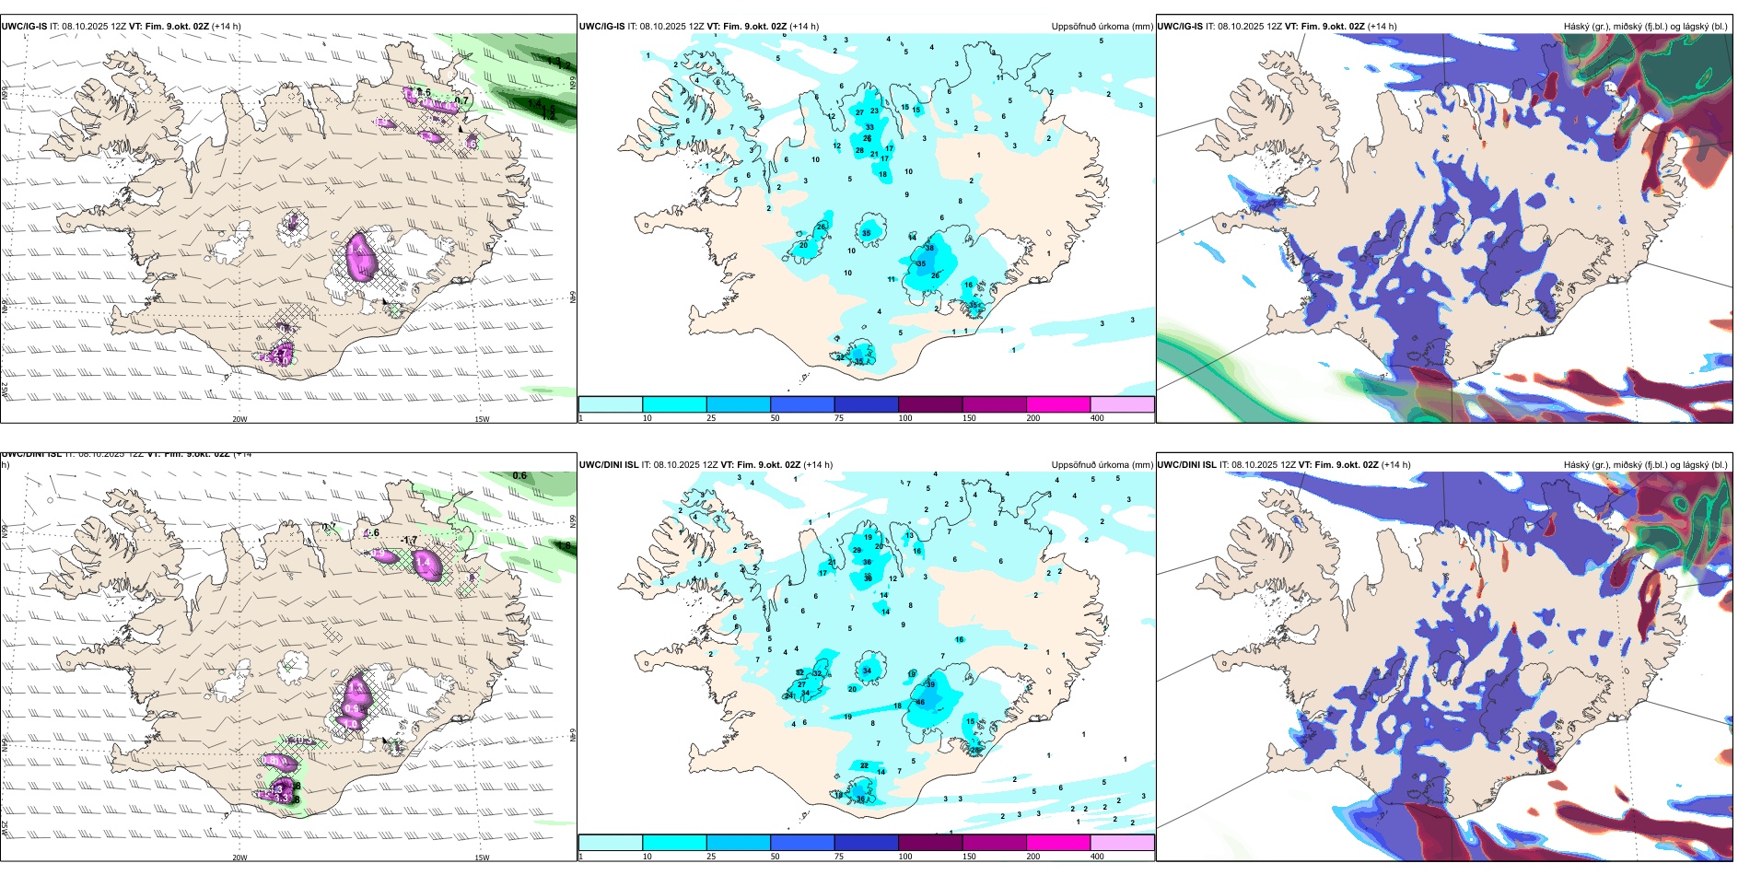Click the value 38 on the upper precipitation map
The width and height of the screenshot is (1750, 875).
pos(929,248)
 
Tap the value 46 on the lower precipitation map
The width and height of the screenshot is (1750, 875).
pos(920,702)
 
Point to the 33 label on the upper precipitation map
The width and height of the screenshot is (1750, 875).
pos(869,127)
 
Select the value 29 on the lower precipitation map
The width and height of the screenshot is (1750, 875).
pos(857,550)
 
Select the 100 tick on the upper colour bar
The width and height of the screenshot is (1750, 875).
pos(905,418)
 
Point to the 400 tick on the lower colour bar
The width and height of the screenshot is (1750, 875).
pos(1097,857)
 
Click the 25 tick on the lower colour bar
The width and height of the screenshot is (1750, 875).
pos(711,857)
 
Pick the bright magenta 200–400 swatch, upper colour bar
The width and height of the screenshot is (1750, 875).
pos(1058,404)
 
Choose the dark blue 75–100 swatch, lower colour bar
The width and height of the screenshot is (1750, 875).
pos(866,843)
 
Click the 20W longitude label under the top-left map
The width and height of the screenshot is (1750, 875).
pos(239,419)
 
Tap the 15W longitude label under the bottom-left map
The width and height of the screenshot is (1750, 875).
pos(481,857)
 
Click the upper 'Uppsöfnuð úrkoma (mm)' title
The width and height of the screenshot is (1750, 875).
pos(1102,27)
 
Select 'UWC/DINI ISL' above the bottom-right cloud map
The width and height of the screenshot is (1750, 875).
pos(1186,465)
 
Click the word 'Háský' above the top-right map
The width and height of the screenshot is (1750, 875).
pos(1577,27)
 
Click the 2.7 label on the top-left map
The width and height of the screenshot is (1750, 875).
pos(282,352)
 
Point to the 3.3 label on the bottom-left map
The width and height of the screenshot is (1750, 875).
pos(285,796)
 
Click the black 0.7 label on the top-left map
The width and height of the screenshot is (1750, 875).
pos(461,101)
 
